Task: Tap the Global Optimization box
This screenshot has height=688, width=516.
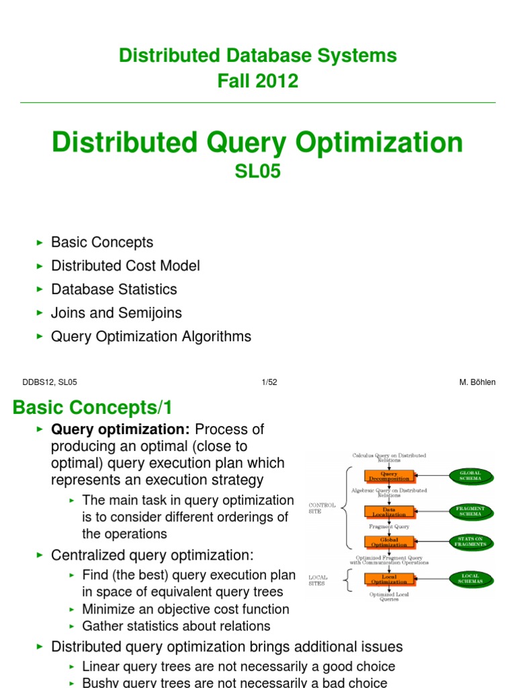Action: (389, 542)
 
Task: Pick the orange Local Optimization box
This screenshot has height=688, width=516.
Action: (389, 578)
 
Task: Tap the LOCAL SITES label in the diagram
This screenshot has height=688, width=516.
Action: (317, 580)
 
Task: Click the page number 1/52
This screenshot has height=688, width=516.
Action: (269, 382)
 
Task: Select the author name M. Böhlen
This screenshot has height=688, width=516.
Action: (477, 382)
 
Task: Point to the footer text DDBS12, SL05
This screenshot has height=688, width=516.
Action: (50, 382)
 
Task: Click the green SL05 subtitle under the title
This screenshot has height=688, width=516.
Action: (257, 172)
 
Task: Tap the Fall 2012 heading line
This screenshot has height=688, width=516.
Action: (257, 81)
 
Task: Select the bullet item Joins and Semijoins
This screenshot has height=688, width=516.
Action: (116, 313)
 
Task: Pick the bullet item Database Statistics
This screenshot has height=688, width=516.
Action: (114, 290)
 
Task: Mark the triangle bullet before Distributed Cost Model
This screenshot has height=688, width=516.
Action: (39, 266)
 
